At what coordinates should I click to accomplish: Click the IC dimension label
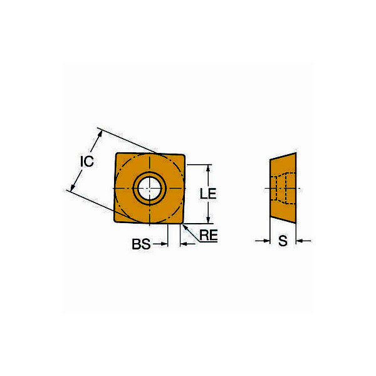87,161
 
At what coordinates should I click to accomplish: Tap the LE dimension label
208,194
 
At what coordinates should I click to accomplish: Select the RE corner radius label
209,235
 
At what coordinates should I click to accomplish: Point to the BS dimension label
141,244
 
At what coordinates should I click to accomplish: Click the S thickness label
283,241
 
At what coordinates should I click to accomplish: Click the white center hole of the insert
150,189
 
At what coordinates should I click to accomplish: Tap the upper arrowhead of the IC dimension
100,135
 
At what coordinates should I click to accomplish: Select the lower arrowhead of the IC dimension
73,187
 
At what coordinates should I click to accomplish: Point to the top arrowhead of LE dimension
208,169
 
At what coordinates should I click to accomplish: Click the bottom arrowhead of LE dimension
208,219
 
